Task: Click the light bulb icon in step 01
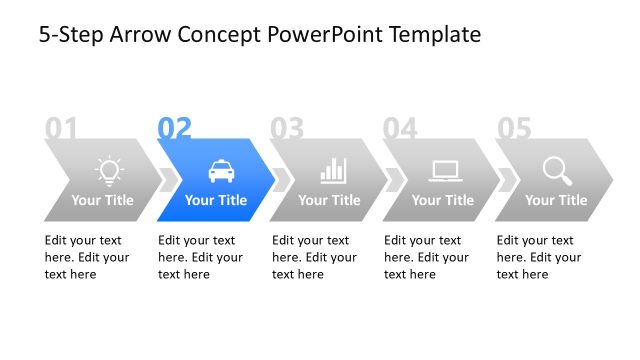108,170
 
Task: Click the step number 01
61,128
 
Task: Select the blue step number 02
174,128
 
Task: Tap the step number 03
287,128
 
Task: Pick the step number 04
400,128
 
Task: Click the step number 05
514,128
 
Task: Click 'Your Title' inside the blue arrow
216,200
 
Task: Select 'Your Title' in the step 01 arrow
102,200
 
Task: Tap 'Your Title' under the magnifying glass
556,200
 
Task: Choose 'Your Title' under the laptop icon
443,200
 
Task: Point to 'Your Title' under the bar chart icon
329,200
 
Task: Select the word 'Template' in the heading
433,36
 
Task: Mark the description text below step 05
539,257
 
